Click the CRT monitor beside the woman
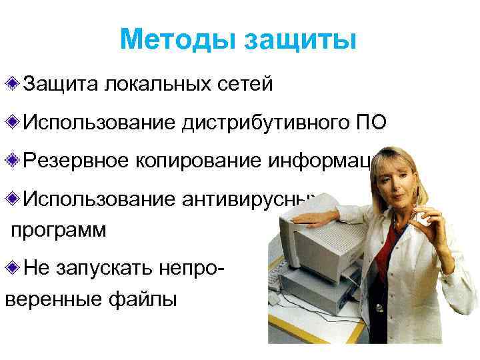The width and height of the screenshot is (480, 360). coord(307,240)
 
